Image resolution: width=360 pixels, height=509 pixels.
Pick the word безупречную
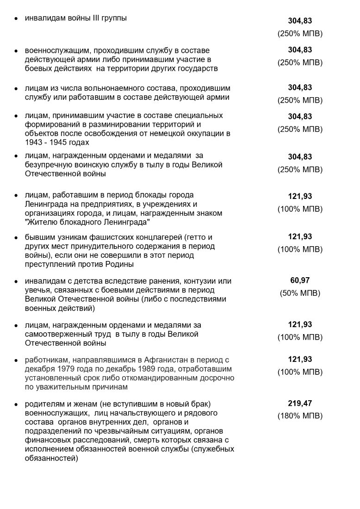pos(47,165)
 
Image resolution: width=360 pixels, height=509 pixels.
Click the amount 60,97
pos(300,280)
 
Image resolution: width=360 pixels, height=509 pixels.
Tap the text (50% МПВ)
pos(300,293)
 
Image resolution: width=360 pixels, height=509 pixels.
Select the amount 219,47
pos(300,403)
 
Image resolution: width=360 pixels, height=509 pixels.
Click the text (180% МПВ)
pos(300,416)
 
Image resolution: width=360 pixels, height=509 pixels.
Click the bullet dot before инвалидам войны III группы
pos(16,19)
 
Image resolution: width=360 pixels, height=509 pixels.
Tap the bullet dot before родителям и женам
pos(16,404)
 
